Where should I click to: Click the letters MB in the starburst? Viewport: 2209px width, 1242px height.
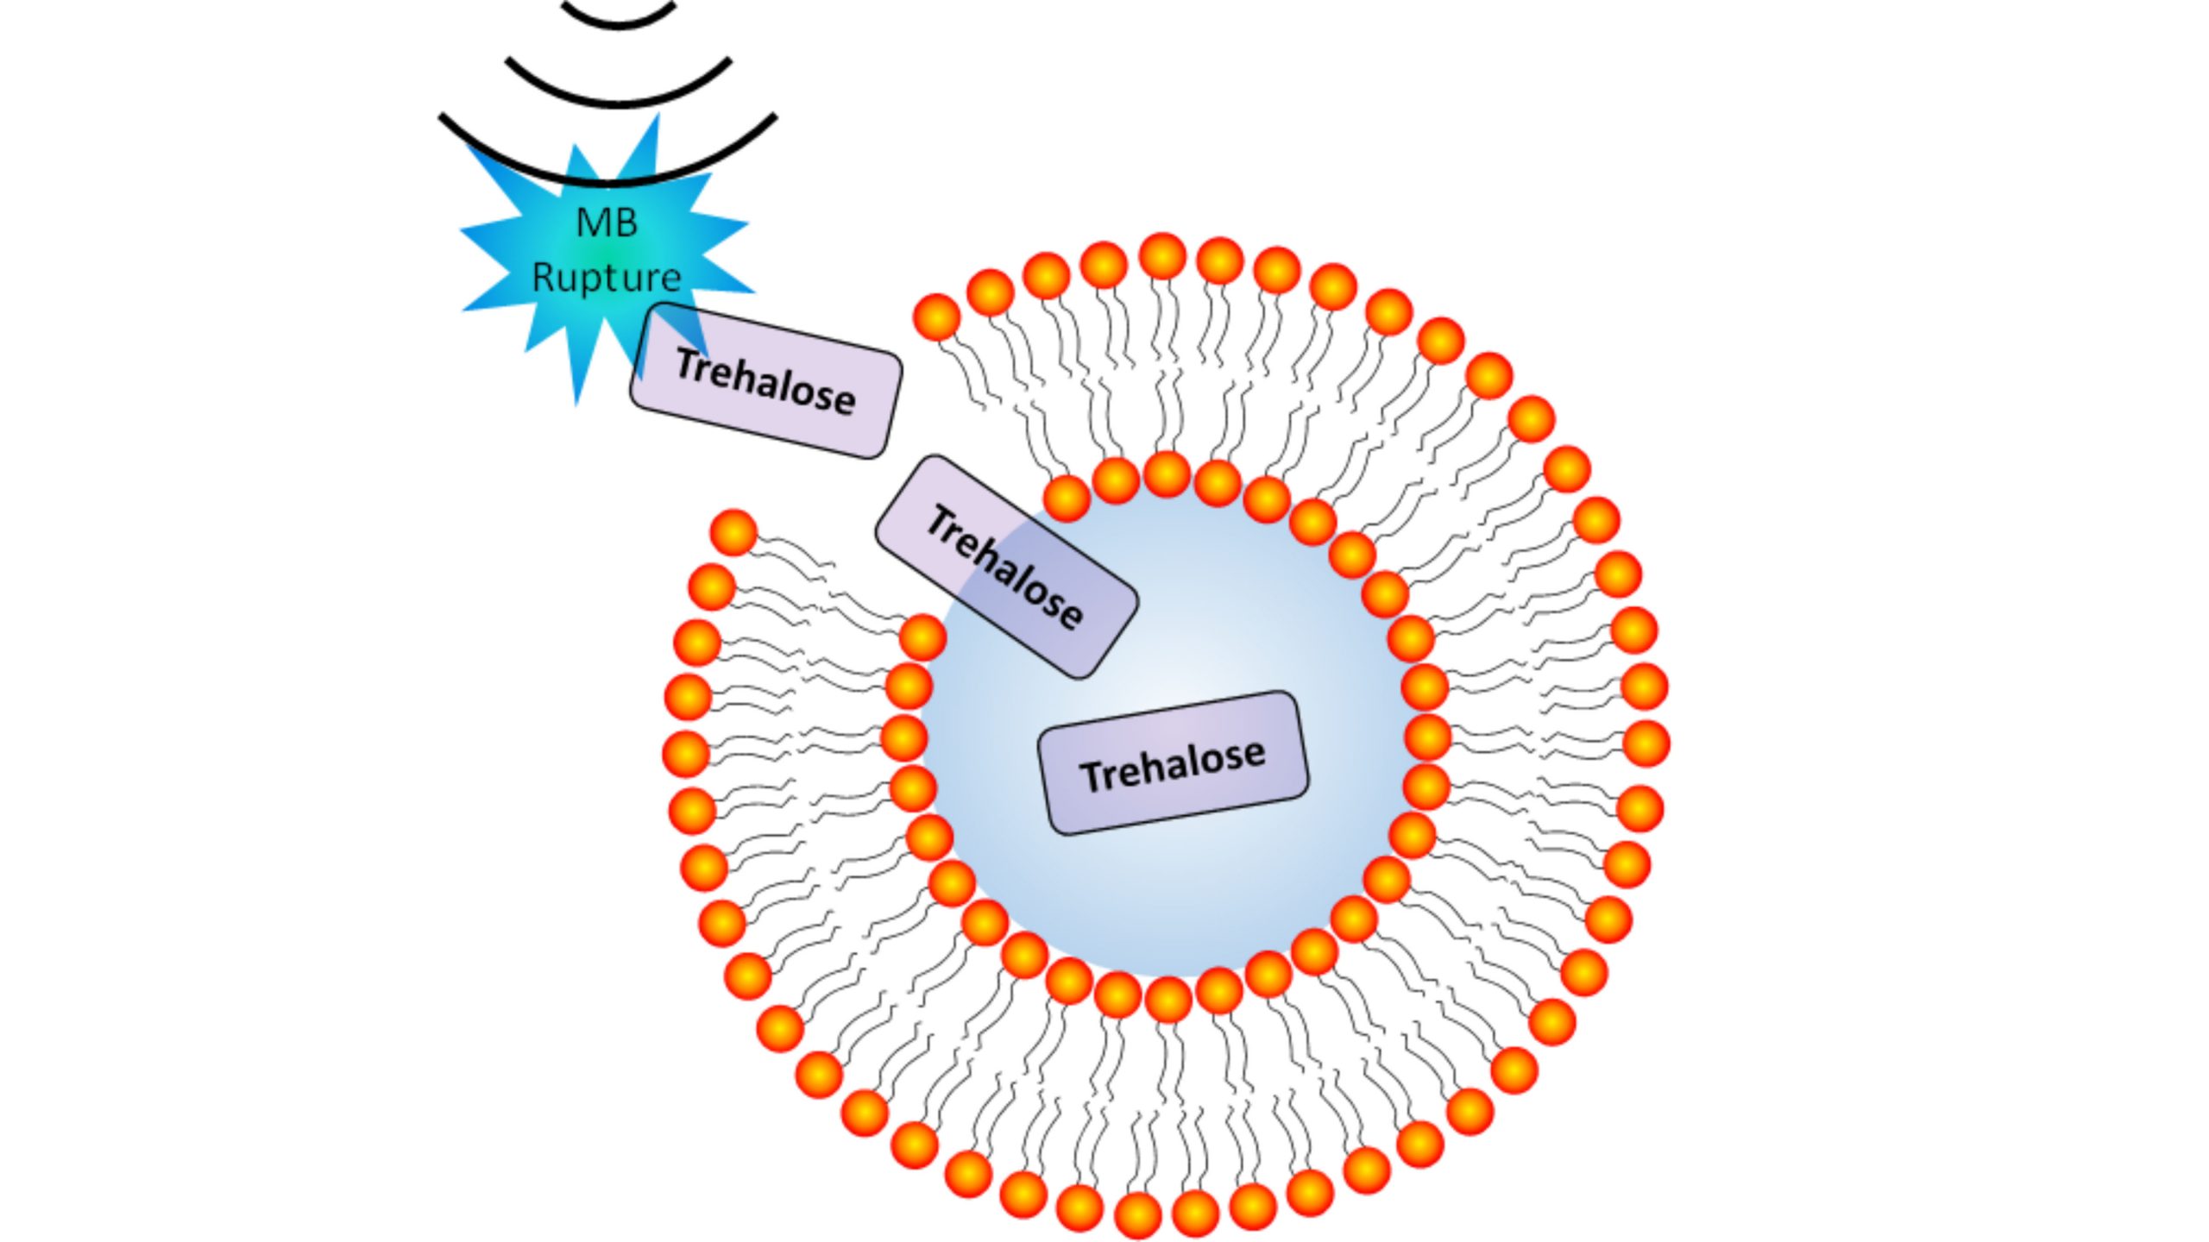point(607,223)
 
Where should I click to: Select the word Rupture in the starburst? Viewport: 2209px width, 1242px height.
point(607,278)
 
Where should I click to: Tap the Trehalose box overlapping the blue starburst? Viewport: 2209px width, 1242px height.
point(766,380)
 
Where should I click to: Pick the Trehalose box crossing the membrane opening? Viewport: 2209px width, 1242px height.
point(1006,567)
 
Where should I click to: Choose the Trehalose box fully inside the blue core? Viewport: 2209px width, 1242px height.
point(1173,762)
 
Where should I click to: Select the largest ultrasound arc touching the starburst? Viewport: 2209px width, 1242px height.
point(608,176)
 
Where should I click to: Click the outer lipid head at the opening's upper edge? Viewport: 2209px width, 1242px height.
point(936,317)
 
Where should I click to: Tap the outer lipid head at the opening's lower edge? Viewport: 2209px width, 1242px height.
point(733,532)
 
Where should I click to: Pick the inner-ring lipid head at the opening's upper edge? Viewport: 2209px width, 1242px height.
point(1067,499)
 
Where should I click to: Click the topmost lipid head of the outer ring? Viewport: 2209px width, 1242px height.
point(1162,256)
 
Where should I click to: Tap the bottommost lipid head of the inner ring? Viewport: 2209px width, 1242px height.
point(1168,1000)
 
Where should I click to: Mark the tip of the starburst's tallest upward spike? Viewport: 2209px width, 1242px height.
point(658,116)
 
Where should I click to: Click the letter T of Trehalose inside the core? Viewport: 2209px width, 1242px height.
point(1091,776)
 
